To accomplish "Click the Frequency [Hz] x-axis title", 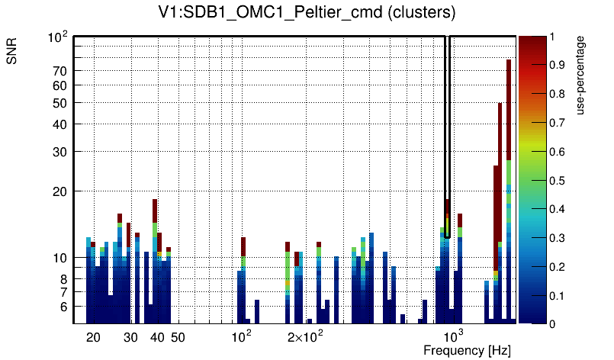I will pyautogui.click(x=467, y=350).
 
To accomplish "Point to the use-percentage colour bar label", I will pyautogui.click(x=580, y=74).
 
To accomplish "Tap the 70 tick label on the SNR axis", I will pyautogui.click(x=60, y=71).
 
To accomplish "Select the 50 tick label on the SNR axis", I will pyautogui.click(x=60, y=103).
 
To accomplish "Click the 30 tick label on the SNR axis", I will pyautogui.click(x=60, y=152).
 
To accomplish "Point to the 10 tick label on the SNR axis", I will pyautogui.click(x=60, y=258).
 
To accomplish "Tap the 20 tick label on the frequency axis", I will pyautogui.click(x=93, y=337).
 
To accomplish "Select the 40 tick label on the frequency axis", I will pyautogui.click(x=157, y=337).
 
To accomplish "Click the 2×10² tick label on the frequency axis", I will pyautogui.click(x=305, y=336).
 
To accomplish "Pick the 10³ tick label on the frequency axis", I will pyautogui.click(x=454, y=336).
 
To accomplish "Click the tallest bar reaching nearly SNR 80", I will pyautogui.click(x=508, y=92).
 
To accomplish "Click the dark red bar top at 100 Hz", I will pyautogui.click(x=243, y=246).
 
